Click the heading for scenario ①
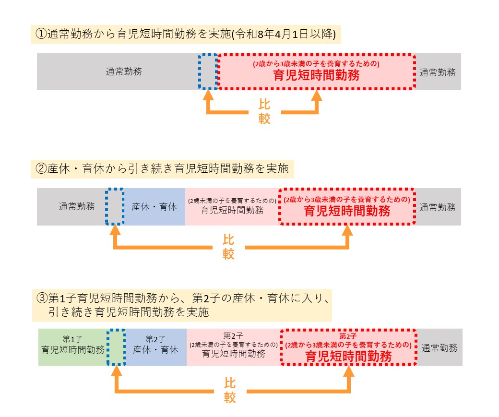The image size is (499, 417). (x=186, y=34)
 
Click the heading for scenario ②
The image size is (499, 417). (x=162, y=169)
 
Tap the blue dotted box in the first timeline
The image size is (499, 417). (x=208, y=72)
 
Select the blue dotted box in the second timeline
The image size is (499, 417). (x=114, y=207)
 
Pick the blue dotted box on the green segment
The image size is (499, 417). (x=116, y=347)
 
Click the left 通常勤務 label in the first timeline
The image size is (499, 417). (x=124, y=72)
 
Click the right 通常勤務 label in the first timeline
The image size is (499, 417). (x=438, y=72)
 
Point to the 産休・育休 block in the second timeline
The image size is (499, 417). (x=154, y=207)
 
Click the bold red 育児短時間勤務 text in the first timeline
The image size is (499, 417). (x=316, y=75)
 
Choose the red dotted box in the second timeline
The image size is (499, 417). (x=347, y=207)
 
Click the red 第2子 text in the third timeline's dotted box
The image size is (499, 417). (x=348, y=335)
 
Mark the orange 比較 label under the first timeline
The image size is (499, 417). (x=264, y=111)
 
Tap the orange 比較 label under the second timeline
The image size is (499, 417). (x=228, y=247)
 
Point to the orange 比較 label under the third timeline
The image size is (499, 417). (x=229, y=390)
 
